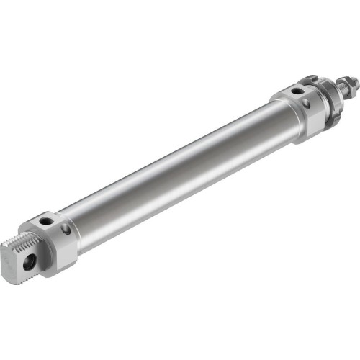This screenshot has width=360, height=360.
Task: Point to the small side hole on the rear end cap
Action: [66, 230]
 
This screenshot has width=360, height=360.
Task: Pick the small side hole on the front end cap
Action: [308, 105]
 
